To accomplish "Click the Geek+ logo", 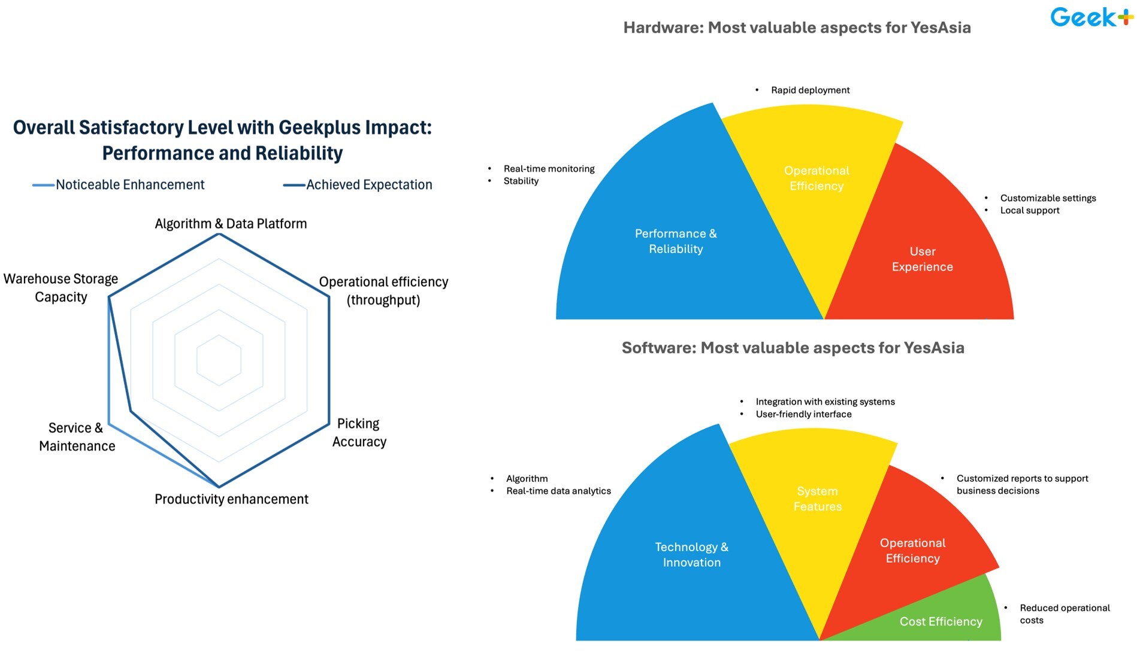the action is click(1091, 17).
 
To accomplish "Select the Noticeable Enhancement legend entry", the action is click(119, 184).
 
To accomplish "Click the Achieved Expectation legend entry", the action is click(358, 184).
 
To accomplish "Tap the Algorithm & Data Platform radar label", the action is click(231, 224).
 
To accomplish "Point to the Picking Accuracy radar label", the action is click(359, 432).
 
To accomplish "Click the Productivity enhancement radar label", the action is click(231, 499).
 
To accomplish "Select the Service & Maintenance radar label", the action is click(77, 436).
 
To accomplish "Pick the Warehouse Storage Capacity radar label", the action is click(61, 288).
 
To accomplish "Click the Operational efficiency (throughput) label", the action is click(383, 291).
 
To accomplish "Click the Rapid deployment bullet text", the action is click(810, 90).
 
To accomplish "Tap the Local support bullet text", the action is click(1030, 211).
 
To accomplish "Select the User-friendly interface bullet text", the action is click(803, 414).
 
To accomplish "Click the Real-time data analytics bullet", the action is click(558, 491).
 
